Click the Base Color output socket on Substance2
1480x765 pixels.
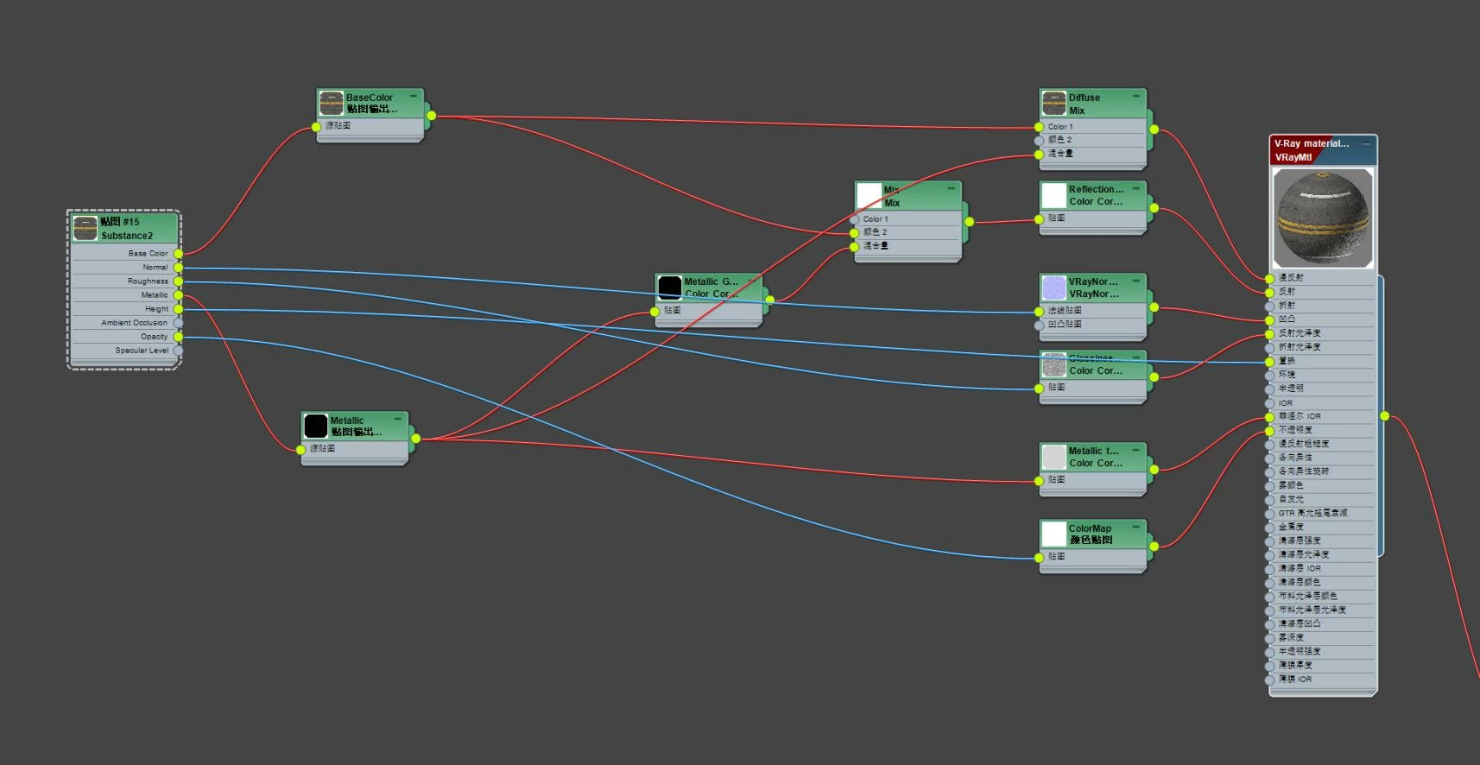click(178, 254)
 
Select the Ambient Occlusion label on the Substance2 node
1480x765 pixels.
click(134, 323)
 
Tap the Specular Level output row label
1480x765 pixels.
click(142, 351)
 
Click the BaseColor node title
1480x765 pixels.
click(370, 98)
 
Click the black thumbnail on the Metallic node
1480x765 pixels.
click(315, 426)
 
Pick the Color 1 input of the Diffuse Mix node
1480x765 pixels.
click(1039, 127)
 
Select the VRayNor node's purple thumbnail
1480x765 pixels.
click(1053, 288)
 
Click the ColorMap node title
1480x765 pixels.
click(1090, 528)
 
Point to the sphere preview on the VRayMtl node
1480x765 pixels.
click(1323, 218)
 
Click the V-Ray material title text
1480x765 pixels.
click(1311, 143)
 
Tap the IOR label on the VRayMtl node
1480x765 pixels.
click(1286, 403)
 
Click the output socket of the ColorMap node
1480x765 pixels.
click(1154, 546)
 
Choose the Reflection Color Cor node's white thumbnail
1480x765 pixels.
click(1053, 195)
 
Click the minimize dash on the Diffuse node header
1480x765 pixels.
click(1135, 95)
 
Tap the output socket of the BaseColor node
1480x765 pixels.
click(431, 116)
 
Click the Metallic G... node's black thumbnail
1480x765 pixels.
click(669, 288)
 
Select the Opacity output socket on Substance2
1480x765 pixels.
click(178, 337)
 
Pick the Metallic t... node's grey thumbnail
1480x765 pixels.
click(1053, 457)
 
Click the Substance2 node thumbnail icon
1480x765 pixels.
click(85, 228)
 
